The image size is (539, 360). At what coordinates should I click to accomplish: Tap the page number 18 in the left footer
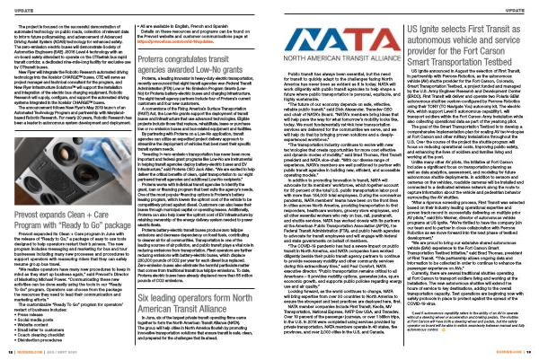click(x=19, y=353)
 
